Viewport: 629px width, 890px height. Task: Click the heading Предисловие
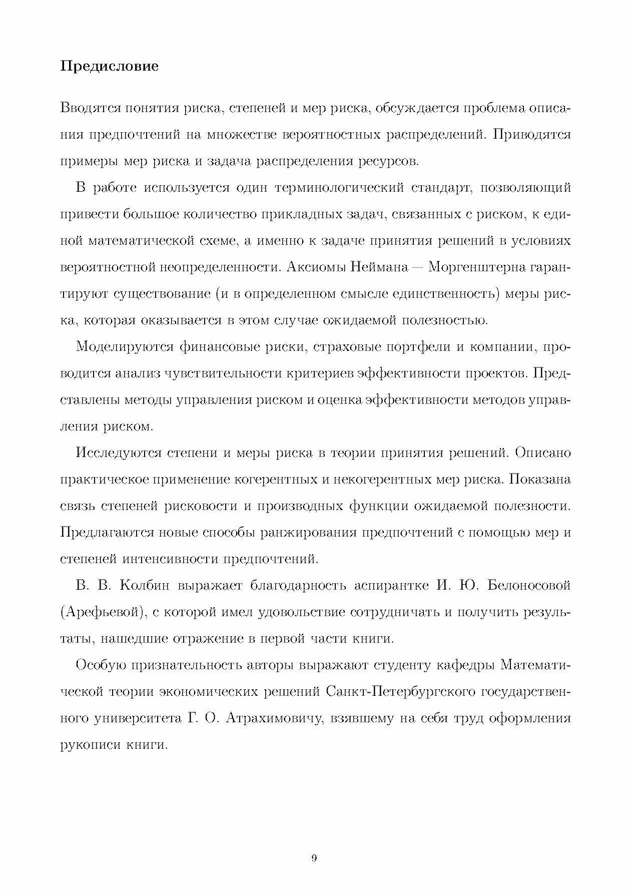point(109,66)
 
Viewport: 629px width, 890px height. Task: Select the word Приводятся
point(531,135)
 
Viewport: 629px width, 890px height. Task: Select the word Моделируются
point(124,347)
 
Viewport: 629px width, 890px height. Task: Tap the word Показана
point(539,480)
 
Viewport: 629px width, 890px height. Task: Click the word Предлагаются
point(106,533)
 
